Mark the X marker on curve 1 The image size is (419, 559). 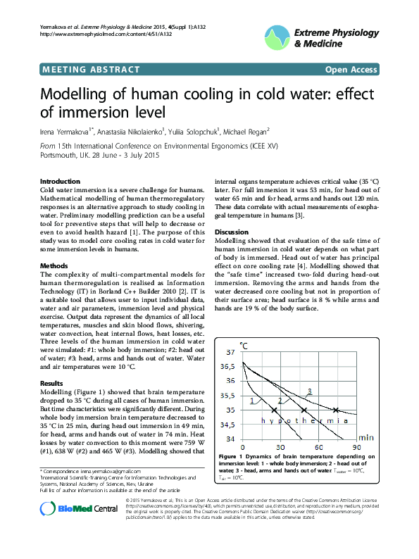pos(274,410)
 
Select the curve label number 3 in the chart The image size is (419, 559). pos(309,391)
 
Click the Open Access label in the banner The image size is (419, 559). pos(351,70)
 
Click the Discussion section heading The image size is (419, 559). pos(232,232)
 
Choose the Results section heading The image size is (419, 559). pos(53,384)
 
